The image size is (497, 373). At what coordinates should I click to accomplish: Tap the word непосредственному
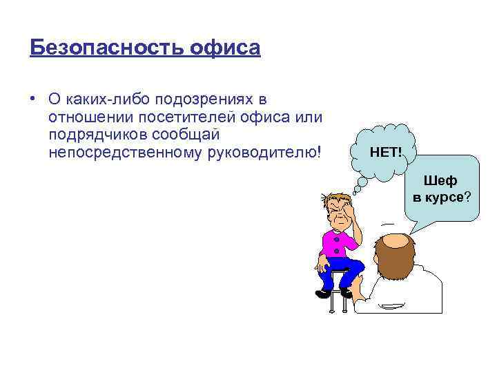[x=125, y=151]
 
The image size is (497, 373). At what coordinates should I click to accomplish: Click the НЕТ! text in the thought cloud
[x=386, y=151]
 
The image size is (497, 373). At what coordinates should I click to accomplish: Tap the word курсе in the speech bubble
[x=448, y=198]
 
